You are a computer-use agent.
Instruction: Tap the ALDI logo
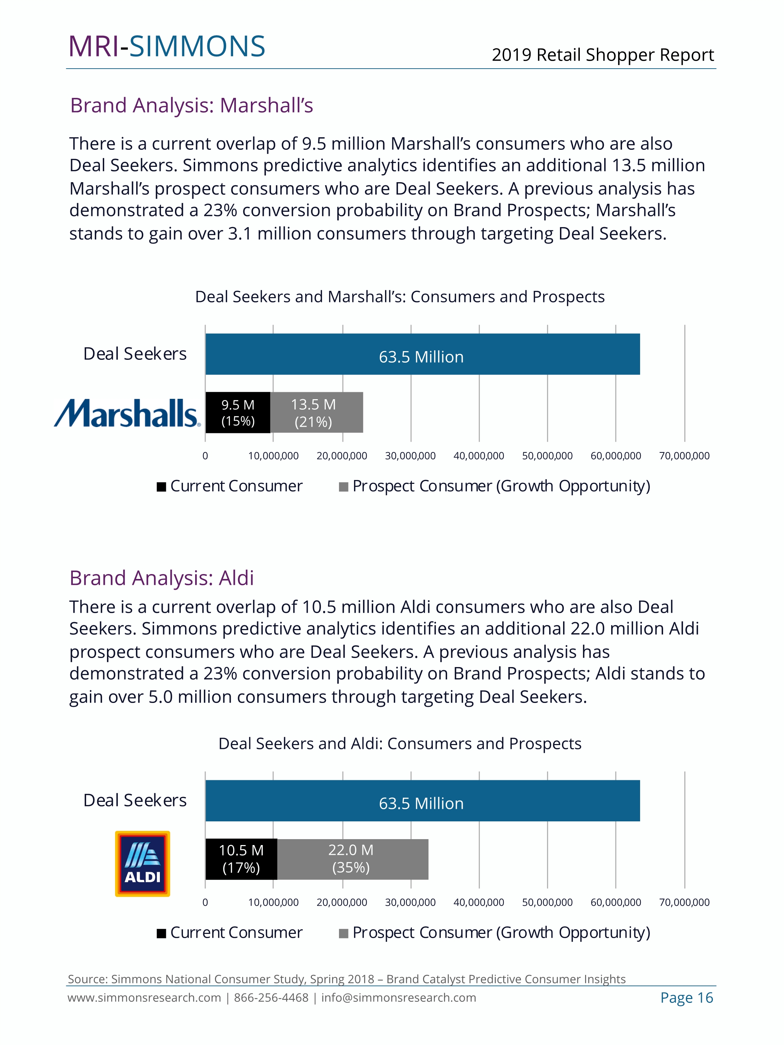pyautogui.click(x=142, y=863)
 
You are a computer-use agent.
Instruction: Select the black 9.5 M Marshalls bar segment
pyautogui.click(x=238, y=412)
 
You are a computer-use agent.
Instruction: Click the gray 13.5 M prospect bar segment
pyautogui.click(x=316, y=412)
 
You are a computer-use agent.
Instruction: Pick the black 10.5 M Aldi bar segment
pyautogui.click(x=241, y=859)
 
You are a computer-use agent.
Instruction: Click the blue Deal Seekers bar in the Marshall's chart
pyautogui.click(x=422, y=354)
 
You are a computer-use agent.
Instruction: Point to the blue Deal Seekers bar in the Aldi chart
pyautogui.click(x=422, y=801)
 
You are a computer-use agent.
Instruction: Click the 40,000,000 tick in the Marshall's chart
pyautogui.click(x=479, y=456)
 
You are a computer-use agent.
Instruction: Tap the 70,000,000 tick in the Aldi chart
pyautogui.click(x=684, y=902)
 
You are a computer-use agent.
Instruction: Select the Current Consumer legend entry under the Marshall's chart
pyautogui.click(x=230, y=486)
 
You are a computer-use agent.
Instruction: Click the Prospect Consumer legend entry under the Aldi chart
pyautogui.click(x=494, y=932)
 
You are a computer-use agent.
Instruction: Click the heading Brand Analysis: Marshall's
pyautogui.click(x=191, y=105)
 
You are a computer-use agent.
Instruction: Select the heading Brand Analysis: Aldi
pyautogui.click(x=162, y=578)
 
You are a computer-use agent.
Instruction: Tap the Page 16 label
pyautogui.click(x=686, y=998)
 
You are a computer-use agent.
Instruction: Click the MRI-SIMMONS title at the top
pyautogui.click(x=167, y=46)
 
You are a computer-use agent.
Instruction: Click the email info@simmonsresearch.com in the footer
pyautogui.click(x=398, y=998)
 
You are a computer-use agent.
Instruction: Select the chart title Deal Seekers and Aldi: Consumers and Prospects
pyautogui.click(x=400, y=744)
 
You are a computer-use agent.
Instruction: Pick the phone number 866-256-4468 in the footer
pyautogui.click(x=271, y=998)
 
